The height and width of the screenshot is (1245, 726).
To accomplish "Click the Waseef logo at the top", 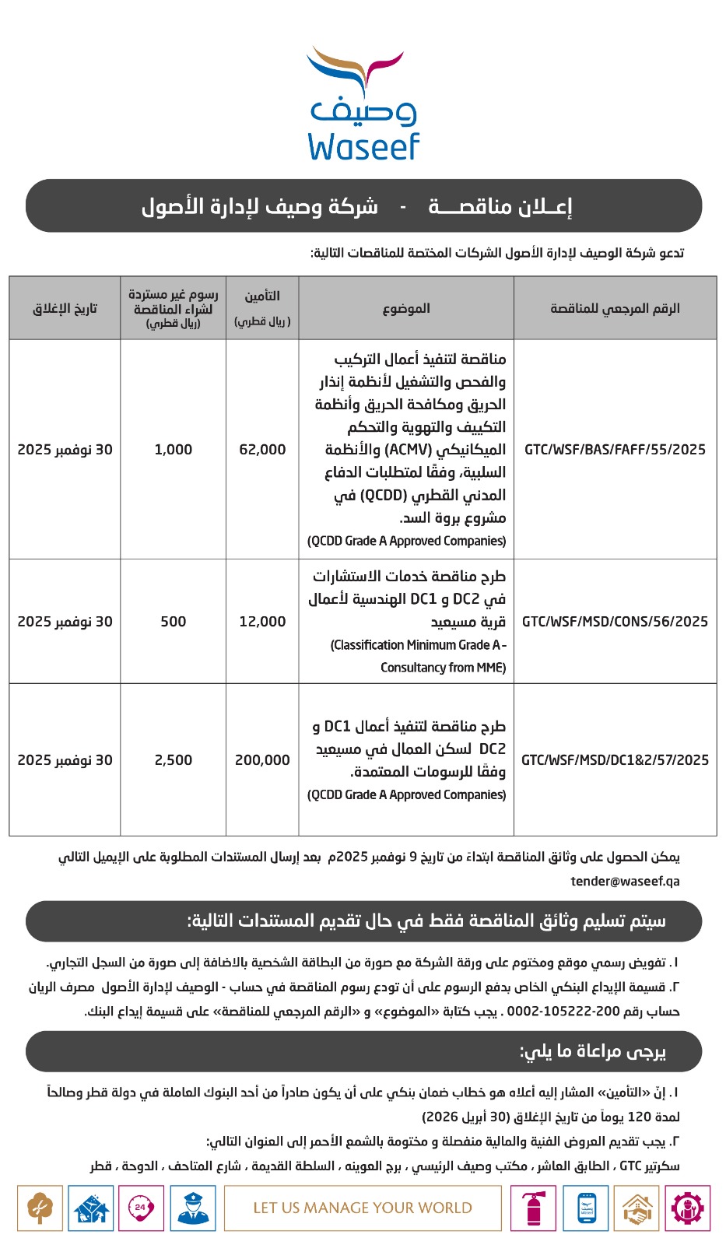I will pyautogui.click(x=363, y=104).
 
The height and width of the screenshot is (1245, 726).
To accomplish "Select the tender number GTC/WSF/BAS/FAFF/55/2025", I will pyautogui.click(x=615, y=450).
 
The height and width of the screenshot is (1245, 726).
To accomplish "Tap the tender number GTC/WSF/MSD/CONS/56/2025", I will pyautogui.click(x=615, y=622).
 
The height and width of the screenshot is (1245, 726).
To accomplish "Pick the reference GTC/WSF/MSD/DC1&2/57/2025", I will pyautogui.click(x=615, y=760).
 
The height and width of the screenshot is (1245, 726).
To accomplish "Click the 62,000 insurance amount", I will pyautogui.click(x=262, y=450).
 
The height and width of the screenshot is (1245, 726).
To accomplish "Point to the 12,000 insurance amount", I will pyautogui.click(x=262, y=622).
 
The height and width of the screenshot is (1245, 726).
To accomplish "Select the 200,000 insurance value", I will pyautogui.click(x=262, y=760).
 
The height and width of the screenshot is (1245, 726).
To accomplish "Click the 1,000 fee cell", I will pyautogui.click(x=173, y=450).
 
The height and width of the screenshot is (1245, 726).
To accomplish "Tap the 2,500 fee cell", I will pyautogui.click(x=173, y=760).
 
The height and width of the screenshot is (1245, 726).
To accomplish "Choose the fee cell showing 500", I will pyautogui.click(x=173, y=622).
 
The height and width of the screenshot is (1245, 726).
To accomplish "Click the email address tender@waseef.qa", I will pyautogui.click(x=625, y=881).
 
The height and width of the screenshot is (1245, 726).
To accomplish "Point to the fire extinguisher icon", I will pyautogui.click(x=533, y=1208).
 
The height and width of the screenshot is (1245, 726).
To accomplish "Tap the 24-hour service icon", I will pyautogui.click(x=141, y=1208).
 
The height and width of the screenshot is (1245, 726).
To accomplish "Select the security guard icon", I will pyautogui.click(x=192, y=1208).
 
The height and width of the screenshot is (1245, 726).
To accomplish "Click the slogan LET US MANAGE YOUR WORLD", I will pyautogui.click(x=363, y=1208).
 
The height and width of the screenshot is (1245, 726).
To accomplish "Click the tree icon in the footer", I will pyautogui.click(x=40, y=1208).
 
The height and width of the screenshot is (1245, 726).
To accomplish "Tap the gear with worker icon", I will pyautogui.click(x=687, y=1208).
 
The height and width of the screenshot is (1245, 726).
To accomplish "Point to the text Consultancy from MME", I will pyautogui.click(x=443, y=668).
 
